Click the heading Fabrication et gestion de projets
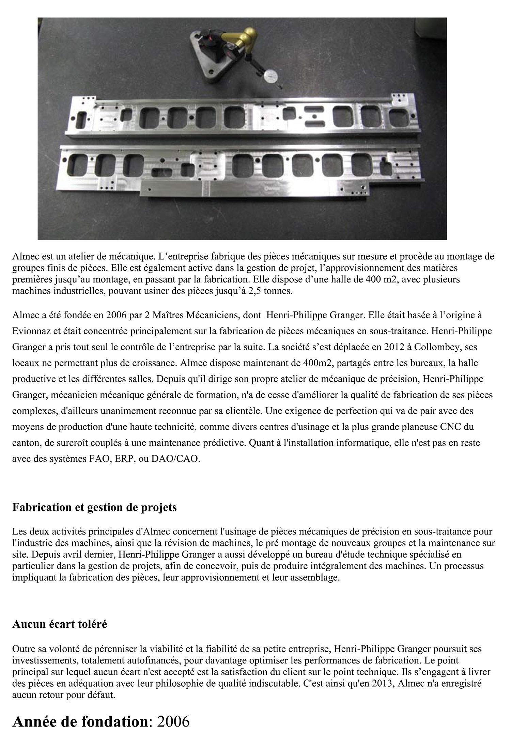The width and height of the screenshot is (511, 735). coord(94,508)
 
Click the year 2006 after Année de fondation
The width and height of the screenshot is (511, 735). coord(173,721)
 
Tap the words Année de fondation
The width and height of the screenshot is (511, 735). coord(80,721)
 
